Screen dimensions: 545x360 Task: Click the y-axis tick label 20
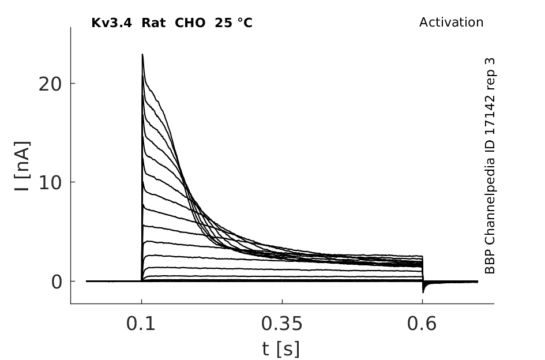[50, 84]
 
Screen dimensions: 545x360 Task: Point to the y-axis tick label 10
[50, 183]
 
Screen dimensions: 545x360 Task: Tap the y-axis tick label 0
[57, 282]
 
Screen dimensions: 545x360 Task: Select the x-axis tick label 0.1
[140, 324]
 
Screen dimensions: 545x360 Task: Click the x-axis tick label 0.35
[282, 324]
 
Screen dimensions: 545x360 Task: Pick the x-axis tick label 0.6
[422, 324]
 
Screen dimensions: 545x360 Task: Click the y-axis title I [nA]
[22, 166]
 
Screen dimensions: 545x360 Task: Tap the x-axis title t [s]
[281, 349]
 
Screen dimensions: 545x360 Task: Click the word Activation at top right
[451, 22]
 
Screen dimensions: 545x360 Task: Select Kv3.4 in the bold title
[111, 23]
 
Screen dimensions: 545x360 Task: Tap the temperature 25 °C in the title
[234, 23]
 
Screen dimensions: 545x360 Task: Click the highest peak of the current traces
[142, 54]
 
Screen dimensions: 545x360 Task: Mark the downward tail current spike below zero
[423, 288]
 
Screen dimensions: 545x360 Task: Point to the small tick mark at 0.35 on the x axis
[282, 301]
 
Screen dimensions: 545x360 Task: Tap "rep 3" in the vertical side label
[490, 73]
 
